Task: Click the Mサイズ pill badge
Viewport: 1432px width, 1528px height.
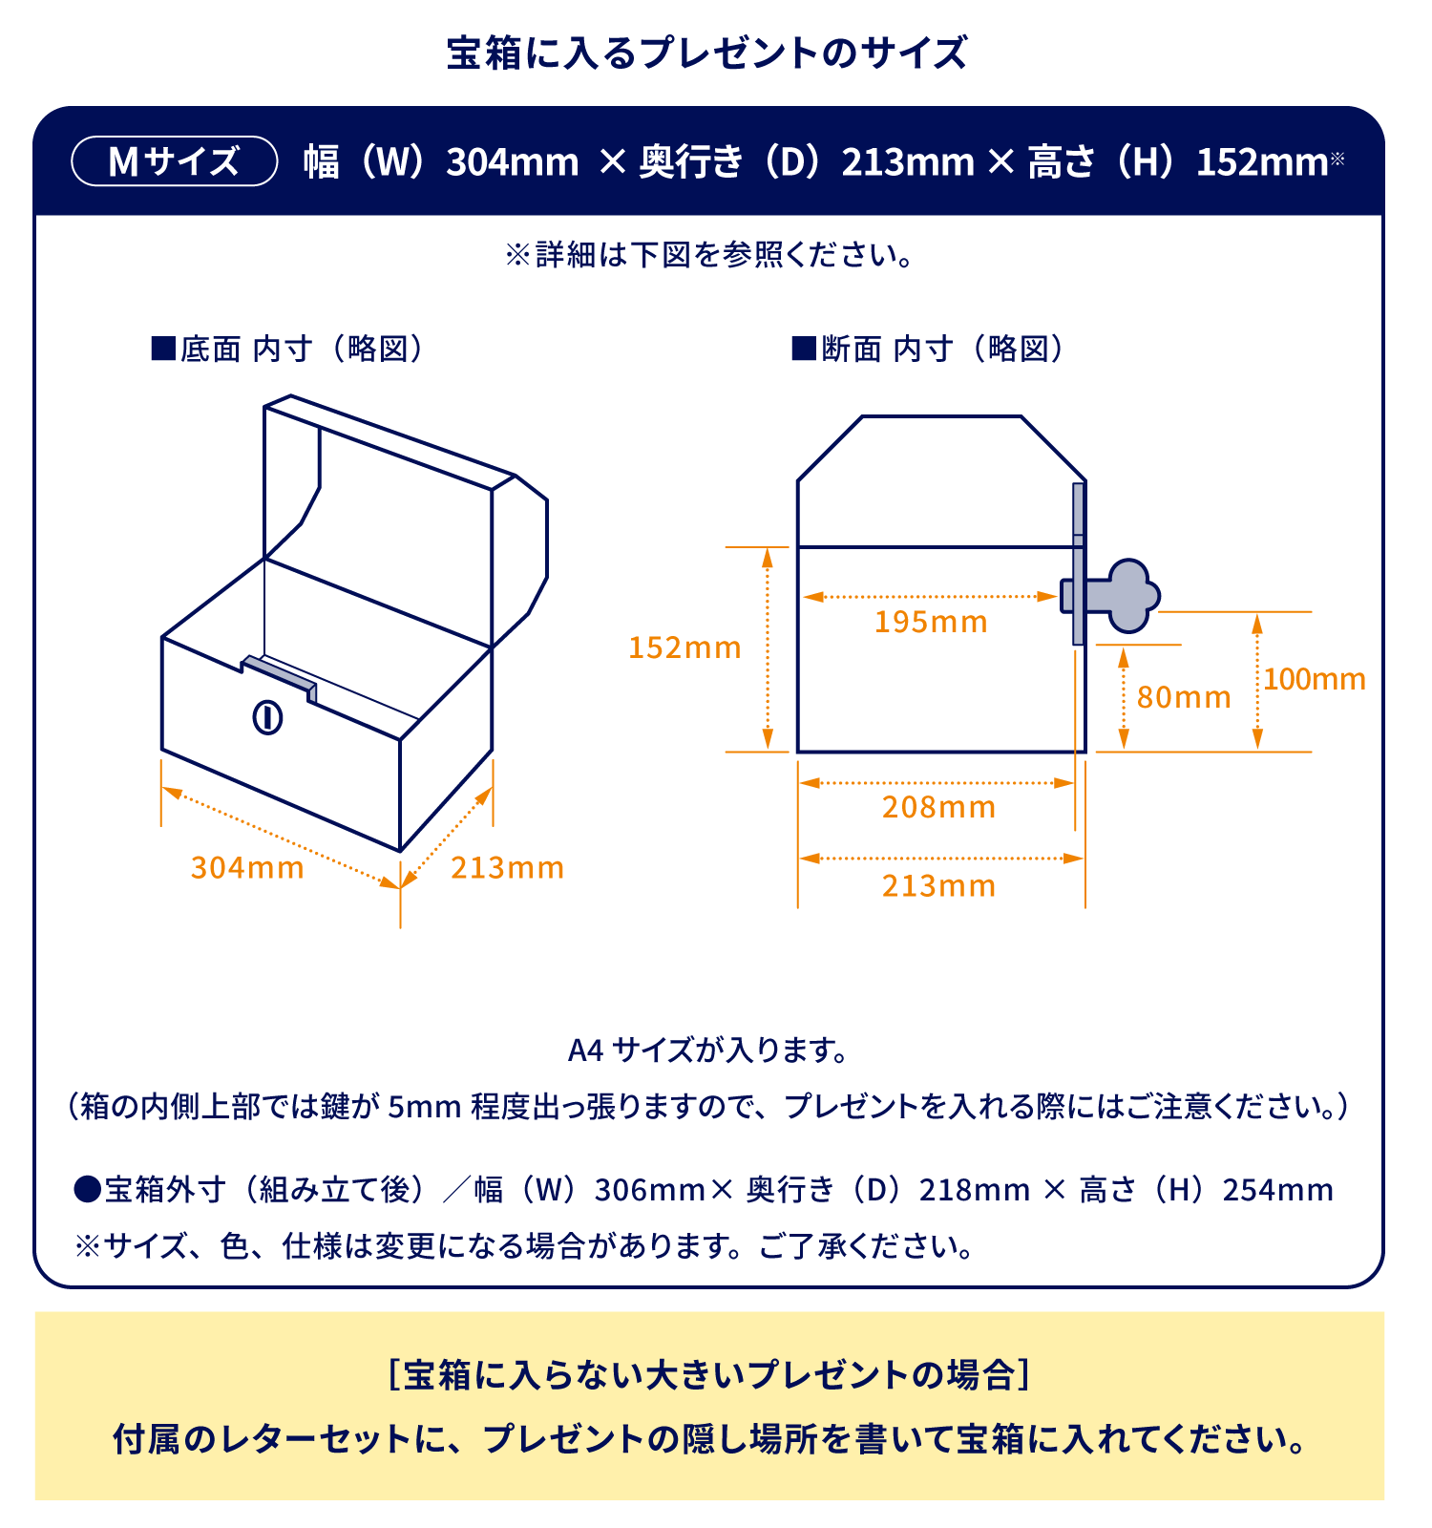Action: (x=175, y=161)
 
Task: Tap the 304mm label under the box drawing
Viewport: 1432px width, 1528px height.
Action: (x=247, y=867)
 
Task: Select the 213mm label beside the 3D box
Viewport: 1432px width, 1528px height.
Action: (x=507, y=867)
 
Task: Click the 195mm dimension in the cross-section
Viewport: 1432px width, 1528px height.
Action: (x=931, y=622)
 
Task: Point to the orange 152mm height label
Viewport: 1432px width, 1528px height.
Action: (x=684, y=647)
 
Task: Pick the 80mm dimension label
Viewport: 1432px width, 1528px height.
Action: (x=1184, y=697)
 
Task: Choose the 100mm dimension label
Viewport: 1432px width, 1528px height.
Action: (x=1315, y=679)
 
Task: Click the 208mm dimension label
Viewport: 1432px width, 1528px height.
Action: (x=938, y=807)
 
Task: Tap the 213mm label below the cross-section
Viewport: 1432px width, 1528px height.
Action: (x=938, y=885)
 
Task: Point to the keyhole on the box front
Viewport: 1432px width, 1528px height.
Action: (x=267, y=716)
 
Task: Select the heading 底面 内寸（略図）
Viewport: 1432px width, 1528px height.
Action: (x=286, y=349)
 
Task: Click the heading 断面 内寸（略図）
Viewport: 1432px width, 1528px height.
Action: (x=928, y=349)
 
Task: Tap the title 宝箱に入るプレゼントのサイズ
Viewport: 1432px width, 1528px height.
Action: (x=707, y=53)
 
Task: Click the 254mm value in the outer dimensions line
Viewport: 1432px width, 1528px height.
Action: (x=1277, y=1190)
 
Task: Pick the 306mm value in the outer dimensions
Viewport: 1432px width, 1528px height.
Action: (x=650, y=1190)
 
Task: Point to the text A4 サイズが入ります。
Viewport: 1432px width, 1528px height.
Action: (x=708, y=1050)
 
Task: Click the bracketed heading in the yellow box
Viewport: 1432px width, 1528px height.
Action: (x=709, y=1375)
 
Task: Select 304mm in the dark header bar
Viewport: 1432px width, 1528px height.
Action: (x=513, y=162)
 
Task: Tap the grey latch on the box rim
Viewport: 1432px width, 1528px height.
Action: (x=279, y=676)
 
